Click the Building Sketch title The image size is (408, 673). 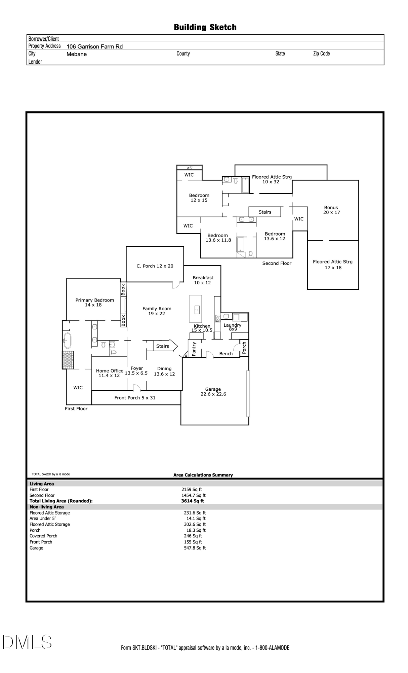coord(205,27)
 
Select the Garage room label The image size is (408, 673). coord(213,391)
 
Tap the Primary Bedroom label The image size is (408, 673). coord(94,302)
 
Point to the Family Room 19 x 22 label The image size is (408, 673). coord(157,311)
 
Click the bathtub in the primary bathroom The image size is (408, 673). coord(68,341)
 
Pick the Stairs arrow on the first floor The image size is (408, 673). coord(165,346)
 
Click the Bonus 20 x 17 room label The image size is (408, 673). coord(331,210)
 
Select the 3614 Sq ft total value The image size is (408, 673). coord(192,501)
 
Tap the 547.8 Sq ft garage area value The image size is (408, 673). coord(195,548)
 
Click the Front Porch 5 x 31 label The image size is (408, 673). coord(135,398)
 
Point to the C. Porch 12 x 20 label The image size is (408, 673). coord(155,266)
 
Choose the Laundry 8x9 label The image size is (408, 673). coord(233,327)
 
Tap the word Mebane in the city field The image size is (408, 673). coord(77,54)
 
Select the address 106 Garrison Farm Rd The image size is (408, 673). coord(94,47)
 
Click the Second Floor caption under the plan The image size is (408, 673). coord(277,263)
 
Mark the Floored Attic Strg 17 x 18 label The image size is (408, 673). coord(332,264)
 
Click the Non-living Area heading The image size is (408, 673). coord(47,507)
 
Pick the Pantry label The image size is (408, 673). coord(194,349)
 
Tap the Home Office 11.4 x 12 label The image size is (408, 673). coord(110,373)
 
